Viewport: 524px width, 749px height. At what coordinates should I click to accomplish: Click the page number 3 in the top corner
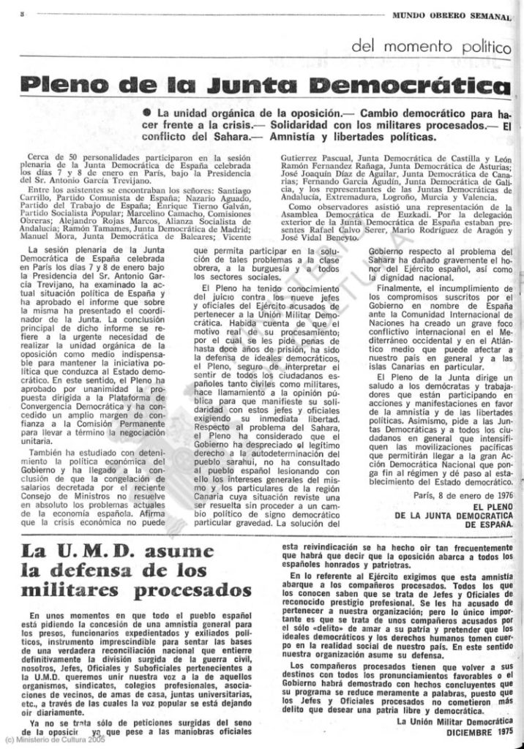24,14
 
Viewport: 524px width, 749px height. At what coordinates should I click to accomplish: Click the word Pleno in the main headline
69,83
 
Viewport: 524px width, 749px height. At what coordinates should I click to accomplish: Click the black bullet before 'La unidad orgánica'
147,114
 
